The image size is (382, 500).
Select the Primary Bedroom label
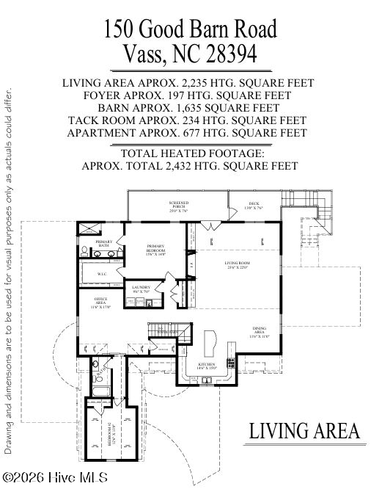[x=155, y=249]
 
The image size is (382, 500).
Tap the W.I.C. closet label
[x=103, y=274]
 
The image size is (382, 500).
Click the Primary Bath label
[x=103, y=243]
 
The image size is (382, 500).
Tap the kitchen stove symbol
[x=232, y=360]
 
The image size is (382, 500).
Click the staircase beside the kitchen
[x=163, y=333]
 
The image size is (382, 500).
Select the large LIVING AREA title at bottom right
[x=304, y=430]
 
